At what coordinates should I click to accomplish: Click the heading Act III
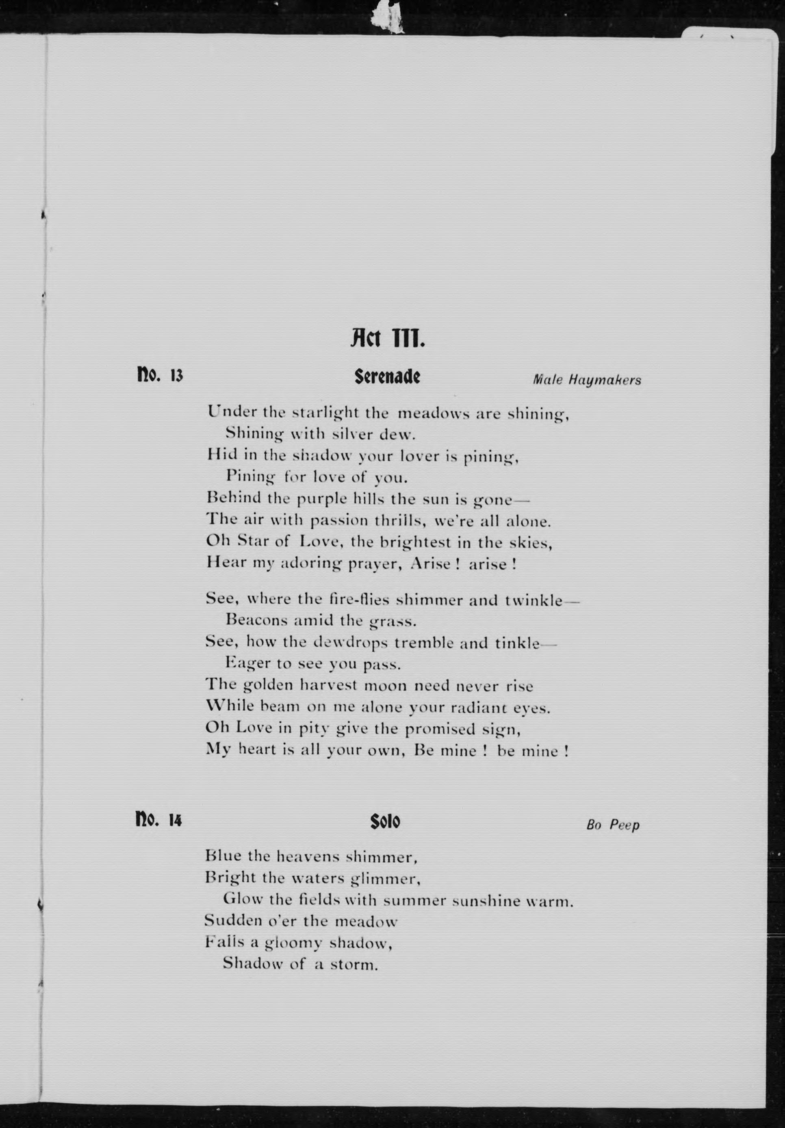click(387, 338)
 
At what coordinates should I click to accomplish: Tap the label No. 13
click(159, 376)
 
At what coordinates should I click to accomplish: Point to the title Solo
click(385, 821)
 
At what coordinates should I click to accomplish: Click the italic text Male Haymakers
click(587, 380)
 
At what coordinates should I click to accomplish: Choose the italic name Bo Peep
click(613, 825)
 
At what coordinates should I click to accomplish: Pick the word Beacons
click(256, 620)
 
